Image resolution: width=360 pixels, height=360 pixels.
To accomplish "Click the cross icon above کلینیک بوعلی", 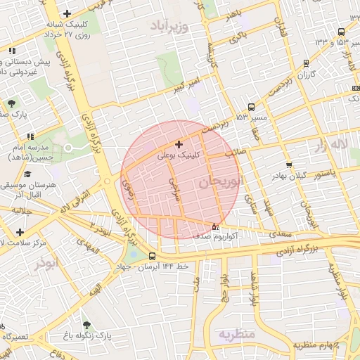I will pos(179,144).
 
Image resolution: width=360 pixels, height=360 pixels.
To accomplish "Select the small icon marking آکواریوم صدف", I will pos(215,226).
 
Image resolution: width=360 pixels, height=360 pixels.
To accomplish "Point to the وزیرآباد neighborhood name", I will pos(169,25).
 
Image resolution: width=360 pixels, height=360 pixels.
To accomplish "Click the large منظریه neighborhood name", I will pos(236,333).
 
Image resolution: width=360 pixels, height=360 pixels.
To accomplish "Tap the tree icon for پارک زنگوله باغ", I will pos(86,325).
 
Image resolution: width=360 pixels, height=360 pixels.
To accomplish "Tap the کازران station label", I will pos(305,74).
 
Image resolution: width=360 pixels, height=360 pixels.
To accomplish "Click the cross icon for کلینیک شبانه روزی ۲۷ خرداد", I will pos(67,13).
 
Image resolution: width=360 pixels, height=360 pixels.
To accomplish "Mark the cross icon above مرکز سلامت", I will pos(19,231).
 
